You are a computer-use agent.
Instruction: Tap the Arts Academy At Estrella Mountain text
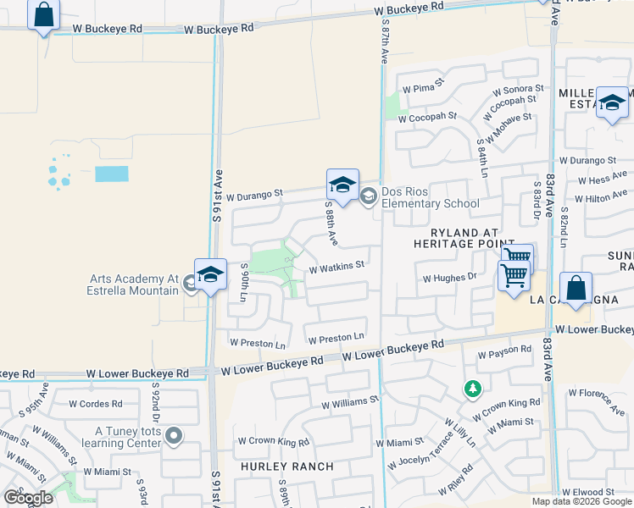(135, 284)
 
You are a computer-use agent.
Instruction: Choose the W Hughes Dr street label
(449, 278)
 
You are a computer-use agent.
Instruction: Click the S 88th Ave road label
(332, 224)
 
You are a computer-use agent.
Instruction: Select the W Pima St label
(423, 88)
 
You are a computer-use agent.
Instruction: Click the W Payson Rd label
(504, 350)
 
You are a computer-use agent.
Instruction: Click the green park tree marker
(472, 389)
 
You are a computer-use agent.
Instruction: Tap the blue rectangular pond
(112, 174)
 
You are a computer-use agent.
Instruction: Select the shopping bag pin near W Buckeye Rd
(44, 15)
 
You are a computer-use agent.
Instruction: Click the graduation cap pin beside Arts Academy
(210, 275)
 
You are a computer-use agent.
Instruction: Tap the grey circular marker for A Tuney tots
(174, 436)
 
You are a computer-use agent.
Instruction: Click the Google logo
(29, 498)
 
